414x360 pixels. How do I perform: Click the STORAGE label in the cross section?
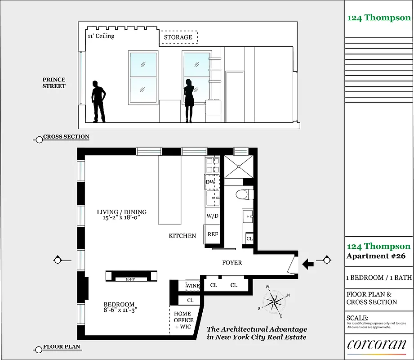[x=178, y=37]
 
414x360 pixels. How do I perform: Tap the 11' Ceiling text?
[x=101, y=36]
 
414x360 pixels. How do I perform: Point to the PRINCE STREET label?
[x=54, y=83]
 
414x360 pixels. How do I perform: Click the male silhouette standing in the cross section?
[x=98, y=101]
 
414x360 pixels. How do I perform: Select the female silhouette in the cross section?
[x=189, y=100]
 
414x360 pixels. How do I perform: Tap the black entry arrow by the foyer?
[x=308, y=263]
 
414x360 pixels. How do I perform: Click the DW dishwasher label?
[x=210, y=182]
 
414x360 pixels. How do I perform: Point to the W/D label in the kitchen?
[x=212, y=216]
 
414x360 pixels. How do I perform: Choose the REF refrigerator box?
[x=213, y=234]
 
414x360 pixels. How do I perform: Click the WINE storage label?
[x=192, y=286]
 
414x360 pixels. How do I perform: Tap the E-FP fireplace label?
[x=131, y=279]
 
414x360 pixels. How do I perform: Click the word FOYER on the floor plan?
[x=232, y=263]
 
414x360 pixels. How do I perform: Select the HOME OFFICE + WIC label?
[x=183, y=320]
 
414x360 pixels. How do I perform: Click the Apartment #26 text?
[x=376, y=256]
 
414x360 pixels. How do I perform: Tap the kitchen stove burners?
[x=212, y=166]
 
